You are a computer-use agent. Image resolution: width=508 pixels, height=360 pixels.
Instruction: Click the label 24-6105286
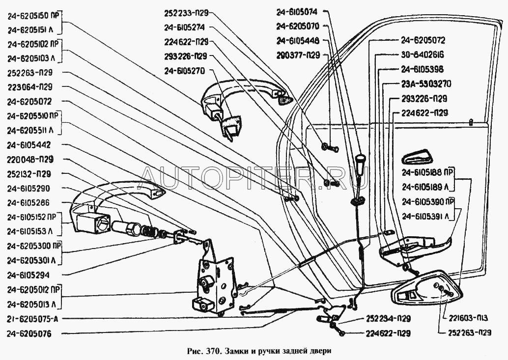tap(29, 203)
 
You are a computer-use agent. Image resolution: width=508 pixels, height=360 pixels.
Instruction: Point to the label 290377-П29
tap(298, 55)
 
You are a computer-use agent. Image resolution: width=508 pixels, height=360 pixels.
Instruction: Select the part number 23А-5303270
tap(425, 83)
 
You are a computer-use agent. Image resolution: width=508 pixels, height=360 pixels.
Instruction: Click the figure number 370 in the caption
tap(212, 352)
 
